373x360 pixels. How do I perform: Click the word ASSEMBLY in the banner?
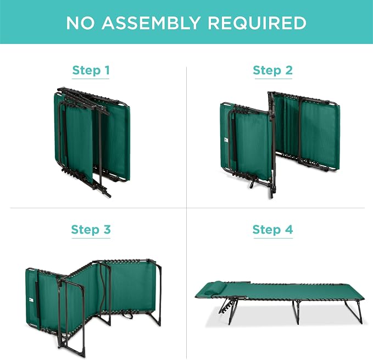point(151,23)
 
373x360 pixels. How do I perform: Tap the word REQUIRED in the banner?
point(257,23)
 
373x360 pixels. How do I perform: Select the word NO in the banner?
point(80,23)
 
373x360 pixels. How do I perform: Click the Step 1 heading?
point(91,70)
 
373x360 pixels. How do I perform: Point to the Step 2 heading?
point(272,70)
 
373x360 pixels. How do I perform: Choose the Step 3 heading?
point(91,230)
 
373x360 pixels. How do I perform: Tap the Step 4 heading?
point(272,230)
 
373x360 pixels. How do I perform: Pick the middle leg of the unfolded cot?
point(296,312)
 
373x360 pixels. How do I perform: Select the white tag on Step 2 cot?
point(226,140)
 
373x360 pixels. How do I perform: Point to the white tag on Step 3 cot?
point(31,301)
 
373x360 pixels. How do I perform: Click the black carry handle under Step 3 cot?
point(127,315)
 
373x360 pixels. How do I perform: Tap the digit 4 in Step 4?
point(288,229)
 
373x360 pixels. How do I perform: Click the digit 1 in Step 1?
point(107,70)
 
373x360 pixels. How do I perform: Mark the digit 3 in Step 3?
point(107,229)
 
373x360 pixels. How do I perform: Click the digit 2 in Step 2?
point(288,70)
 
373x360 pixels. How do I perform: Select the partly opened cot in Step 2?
point(280,145)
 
